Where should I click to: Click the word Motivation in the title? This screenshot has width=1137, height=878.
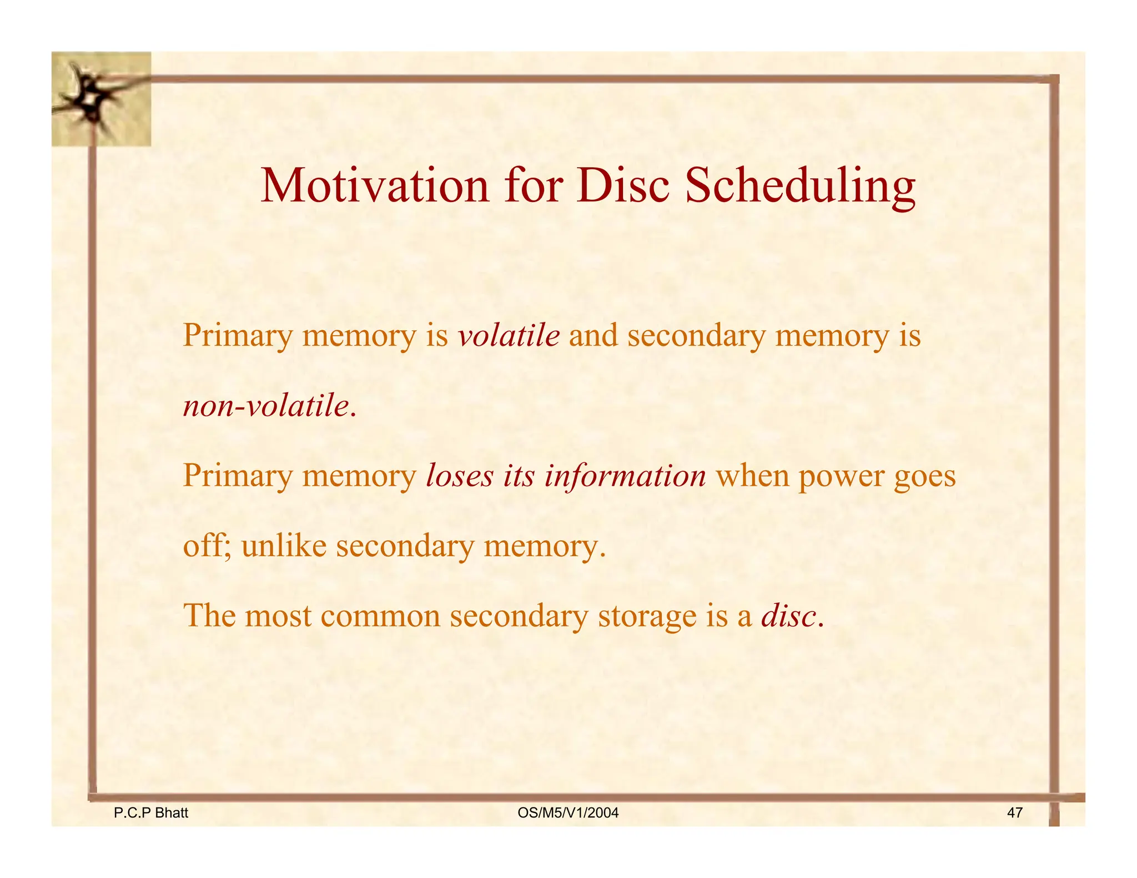tap(375, 186)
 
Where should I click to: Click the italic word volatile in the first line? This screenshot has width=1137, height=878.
tap(509, 336)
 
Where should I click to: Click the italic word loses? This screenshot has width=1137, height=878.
tap(460, 476)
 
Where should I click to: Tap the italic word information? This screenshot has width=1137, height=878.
tap(625, 476)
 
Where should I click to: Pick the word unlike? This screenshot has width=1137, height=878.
tap(284, 546)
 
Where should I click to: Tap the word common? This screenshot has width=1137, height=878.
tap(380, 616)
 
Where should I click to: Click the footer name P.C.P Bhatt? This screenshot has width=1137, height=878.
tap(151, 813)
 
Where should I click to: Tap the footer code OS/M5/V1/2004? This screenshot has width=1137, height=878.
tap(567, 813)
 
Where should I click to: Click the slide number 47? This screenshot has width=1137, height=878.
tap(1014, 813)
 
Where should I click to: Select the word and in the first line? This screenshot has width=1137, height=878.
tap(593, 336)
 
